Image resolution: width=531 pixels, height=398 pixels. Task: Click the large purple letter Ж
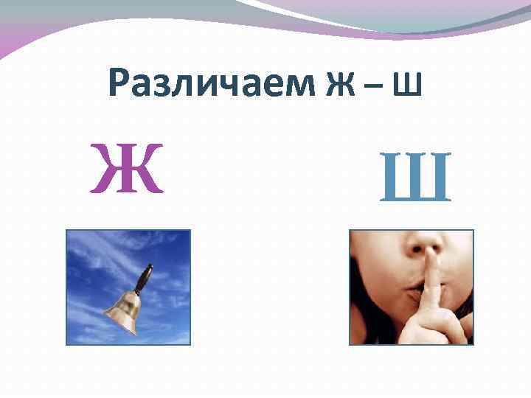click(126, 170)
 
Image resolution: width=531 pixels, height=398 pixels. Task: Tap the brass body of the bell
click(124, 310)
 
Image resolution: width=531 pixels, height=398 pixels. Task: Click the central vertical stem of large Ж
click(126, 170)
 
